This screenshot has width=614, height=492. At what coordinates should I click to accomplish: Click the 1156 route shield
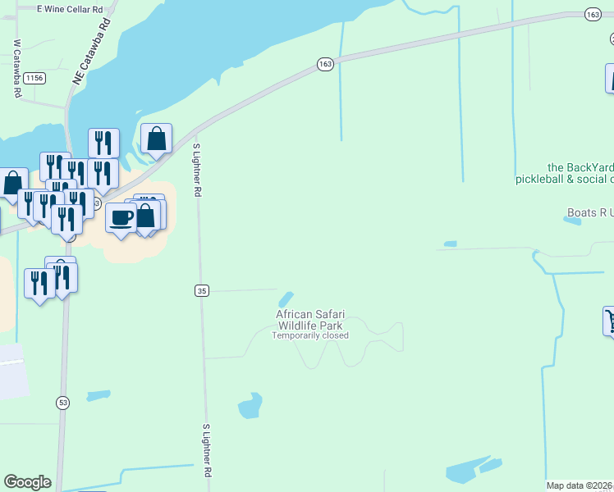point(34,78)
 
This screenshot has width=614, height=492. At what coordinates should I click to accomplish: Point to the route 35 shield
point(203,290)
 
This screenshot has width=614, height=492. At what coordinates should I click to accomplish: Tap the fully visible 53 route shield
point(62,402)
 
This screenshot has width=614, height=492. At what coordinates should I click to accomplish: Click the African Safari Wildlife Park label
point(310,320)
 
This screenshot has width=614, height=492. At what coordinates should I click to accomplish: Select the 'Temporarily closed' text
point(310,335)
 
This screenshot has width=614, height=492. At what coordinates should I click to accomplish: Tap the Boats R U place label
point(589,212)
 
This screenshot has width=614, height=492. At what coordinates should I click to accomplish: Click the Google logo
point(27,482)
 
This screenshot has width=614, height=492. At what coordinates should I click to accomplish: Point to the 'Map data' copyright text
point(580,485)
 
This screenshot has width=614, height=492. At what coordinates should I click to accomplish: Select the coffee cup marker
point(121,219)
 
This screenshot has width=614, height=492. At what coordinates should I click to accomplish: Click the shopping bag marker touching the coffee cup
point(145,216)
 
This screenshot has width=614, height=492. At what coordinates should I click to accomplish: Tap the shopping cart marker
point(610,320)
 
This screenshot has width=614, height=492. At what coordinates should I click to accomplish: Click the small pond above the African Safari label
point(286,298)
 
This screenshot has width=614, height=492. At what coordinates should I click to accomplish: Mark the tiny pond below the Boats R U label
point(450,244)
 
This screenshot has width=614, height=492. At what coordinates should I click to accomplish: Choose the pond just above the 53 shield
point(98,395)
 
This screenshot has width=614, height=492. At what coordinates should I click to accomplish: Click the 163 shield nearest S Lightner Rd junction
point(326,64)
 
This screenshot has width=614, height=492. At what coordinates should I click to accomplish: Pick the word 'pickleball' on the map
point(539,179)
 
